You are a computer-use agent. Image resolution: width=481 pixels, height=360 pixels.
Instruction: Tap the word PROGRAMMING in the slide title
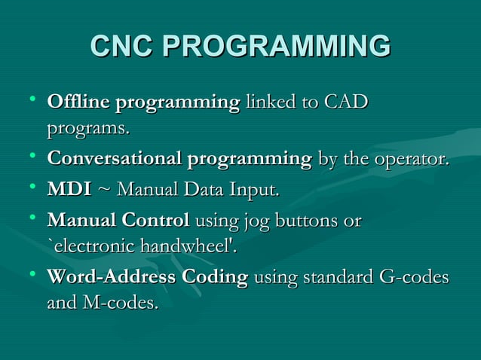pyautogui.click(x=277, y=47)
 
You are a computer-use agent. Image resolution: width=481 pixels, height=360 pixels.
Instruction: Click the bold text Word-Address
pyautogui.click(x=110, y=277)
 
